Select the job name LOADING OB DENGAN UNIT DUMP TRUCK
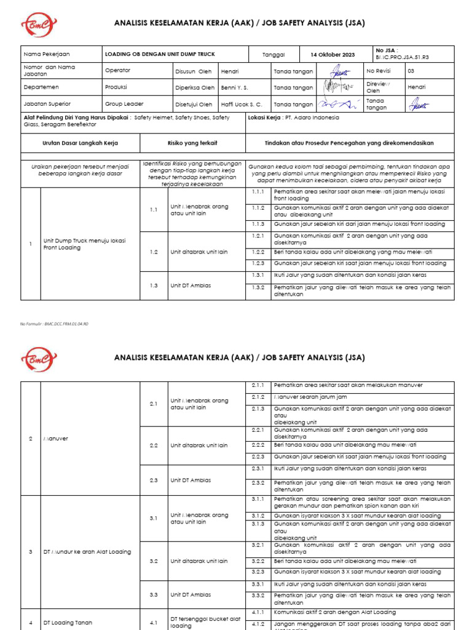click(160, 55)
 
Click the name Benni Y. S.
click(234, 87)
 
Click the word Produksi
click(116, 87)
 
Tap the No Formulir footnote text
click(55, 323)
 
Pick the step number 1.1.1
click(258, 191)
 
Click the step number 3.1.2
click(258, 516)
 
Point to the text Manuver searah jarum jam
click(312, 397)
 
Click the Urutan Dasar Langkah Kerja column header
click(80, 143)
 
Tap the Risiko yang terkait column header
click(192, 143)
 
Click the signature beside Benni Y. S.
click(337, 87)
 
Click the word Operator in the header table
click(117, 71)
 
